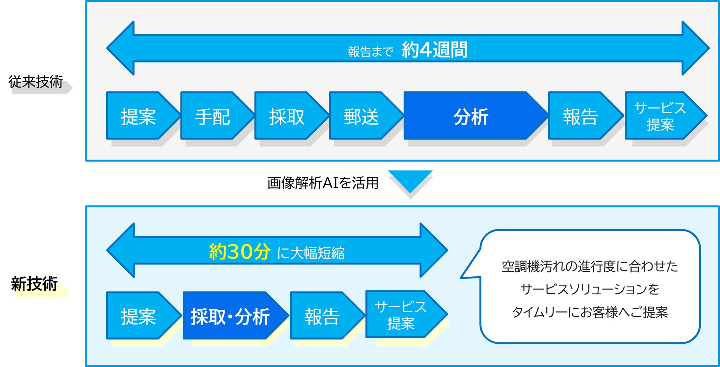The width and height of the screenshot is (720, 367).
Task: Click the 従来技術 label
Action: (36, 82)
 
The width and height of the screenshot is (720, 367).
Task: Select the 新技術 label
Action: (34, 284)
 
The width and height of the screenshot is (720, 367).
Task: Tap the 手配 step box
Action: (213, 116)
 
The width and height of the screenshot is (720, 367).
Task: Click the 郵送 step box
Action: (361, 116)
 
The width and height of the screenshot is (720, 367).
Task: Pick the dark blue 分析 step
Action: (471, 116)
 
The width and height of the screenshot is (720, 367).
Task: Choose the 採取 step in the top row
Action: (287, 116)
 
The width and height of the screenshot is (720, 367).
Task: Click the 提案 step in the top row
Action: (138, 116)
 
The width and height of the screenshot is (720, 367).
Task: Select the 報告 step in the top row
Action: (580, 116)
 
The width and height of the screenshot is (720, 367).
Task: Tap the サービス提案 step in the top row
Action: (660, 116)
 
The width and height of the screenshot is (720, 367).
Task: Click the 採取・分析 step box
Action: (230, 316)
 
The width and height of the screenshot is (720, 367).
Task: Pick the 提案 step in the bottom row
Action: (138, 316)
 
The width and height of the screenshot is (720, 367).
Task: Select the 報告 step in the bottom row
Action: (322, 316)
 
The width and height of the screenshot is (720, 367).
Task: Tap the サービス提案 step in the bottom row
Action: (401, 315)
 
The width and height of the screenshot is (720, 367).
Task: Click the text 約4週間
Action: (435, 50)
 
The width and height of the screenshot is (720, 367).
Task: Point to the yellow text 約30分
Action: (240, 251)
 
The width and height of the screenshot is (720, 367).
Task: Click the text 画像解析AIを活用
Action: (323, 183)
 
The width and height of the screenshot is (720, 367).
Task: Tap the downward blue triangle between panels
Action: (410, 180)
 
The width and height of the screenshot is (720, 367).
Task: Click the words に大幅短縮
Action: (311, 253)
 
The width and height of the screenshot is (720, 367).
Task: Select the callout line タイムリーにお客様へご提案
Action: (590, 312)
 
